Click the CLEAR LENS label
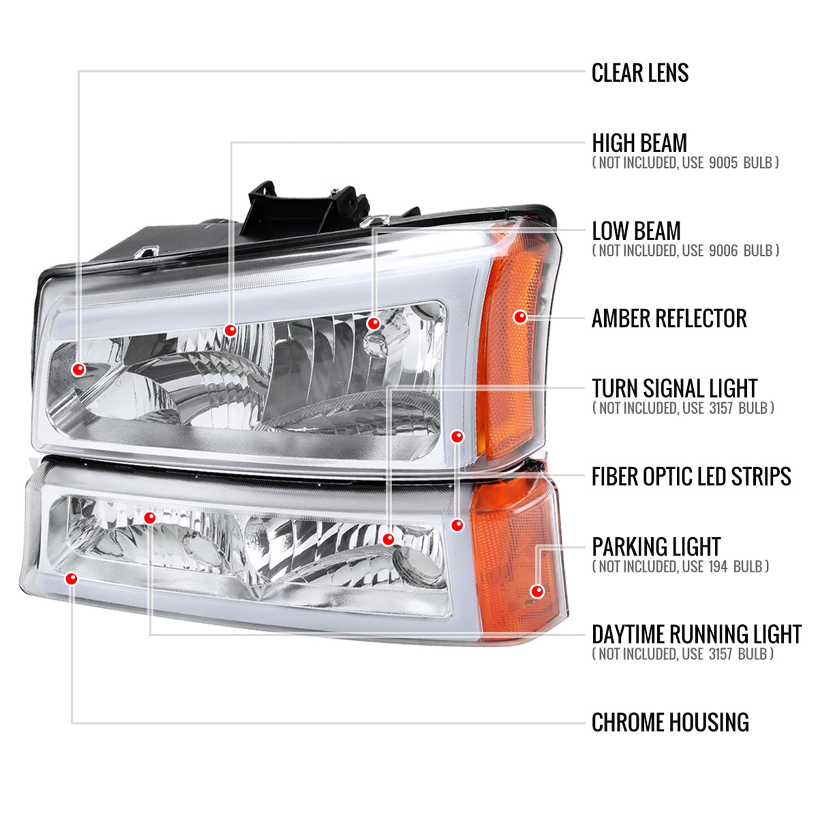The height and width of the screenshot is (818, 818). tap(640, 73)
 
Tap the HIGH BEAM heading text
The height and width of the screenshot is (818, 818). tap(639, 143)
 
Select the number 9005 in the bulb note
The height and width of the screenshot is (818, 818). tap(723, 163)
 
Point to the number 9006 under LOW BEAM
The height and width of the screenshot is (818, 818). tap(723, 251)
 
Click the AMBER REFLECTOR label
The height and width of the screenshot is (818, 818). tap(669, 318)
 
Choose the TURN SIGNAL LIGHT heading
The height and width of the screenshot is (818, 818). tap(675, 389)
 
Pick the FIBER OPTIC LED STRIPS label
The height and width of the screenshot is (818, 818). tap(691, 477)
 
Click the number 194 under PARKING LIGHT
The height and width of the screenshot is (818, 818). tap(718, 567)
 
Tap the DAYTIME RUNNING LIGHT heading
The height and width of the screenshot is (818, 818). tap(696, 635)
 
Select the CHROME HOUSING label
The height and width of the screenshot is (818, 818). tap(670, 723)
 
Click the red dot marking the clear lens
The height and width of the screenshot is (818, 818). tap(79, 370)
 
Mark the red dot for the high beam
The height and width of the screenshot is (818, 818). tap(230, 329)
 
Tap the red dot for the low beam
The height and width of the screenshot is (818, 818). tap(373, 323)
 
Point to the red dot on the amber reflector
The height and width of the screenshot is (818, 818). tap(520, 316)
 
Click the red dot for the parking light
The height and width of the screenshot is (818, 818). tap(537, 591)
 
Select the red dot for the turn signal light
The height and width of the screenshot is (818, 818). tap(388, 539)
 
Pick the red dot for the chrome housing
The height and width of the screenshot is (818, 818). tap(71, 579)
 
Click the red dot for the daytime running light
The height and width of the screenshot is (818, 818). tap(149, 518)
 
